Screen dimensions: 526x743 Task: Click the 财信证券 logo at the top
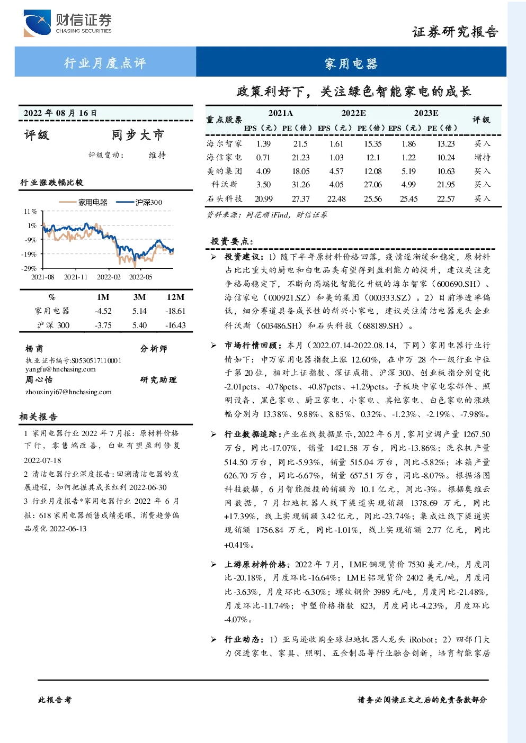68,23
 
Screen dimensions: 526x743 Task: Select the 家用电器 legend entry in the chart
83,202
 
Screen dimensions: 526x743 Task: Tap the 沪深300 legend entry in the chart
139,202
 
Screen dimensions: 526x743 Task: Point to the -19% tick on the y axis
29,254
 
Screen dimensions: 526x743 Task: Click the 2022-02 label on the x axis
108,277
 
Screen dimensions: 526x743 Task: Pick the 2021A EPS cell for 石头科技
264,198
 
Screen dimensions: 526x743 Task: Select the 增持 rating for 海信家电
482,157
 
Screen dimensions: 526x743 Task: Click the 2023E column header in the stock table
426,113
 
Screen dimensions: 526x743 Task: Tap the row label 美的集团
224,171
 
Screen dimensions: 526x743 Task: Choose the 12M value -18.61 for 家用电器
175,311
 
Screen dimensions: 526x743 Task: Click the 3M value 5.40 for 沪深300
139,325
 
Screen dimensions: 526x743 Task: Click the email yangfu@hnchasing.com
60,369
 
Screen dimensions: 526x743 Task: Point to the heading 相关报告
38,416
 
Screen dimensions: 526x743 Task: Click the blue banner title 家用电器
351,64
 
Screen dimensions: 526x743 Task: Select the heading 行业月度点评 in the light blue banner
105,63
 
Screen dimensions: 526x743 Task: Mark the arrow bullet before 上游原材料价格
213,564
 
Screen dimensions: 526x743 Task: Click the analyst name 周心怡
39,379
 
